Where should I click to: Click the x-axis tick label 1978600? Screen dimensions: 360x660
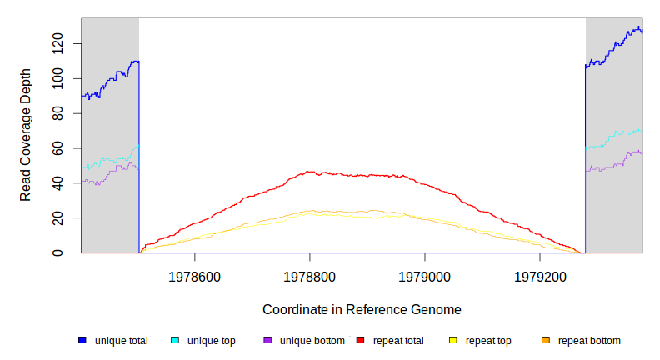coord(195,274)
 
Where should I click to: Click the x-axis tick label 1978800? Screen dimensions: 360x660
coord(310,274)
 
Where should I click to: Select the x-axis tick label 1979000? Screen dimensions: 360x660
coord(425,274)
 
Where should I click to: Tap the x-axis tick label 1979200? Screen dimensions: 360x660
coord(540,274)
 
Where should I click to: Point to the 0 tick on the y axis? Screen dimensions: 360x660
coord(58,252)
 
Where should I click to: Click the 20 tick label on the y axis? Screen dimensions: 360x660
coord(58,217)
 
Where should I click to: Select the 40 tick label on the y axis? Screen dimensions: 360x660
coord(58,182)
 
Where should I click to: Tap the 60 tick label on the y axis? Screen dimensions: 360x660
coord(58,147)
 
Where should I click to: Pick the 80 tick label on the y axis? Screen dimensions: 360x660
coord(58,112)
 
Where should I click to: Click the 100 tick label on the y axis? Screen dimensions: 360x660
coord(58,78)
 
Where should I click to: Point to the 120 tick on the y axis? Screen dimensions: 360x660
coord(58,43)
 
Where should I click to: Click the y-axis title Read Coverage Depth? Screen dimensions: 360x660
coord(26,135)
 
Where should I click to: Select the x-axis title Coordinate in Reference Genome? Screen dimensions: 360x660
coord(362,309)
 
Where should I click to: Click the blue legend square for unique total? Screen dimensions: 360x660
coord(82,340)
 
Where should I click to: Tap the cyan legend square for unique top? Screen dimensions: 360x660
coord(175,340)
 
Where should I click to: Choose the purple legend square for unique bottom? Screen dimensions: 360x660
coord(267,340)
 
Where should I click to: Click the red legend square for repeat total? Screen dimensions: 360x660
coord(361,340)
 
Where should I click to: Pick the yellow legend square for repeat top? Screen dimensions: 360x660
coord(453,340)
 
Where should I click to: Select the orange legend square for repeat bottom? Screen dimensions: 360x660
coord(546,340)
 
